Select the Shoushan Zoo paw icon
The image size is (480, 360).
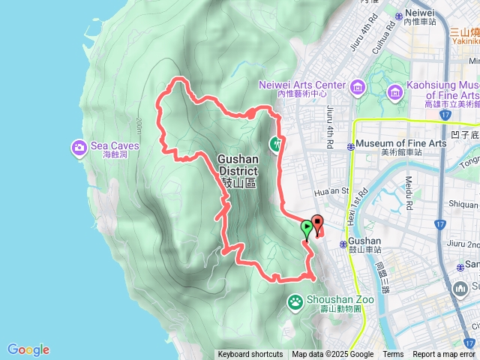point(295,301)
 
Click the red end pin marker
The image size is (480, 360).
point(316,224)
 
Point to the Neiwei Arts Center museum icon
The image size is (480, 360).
point(357,89)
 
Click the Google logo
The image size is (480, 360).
point(28,349)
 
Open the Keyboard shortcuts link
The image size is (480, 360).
point(250,355)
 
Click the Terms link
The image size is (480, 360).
point(393,355)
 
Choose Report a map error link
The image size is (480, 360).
point(444,355)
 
